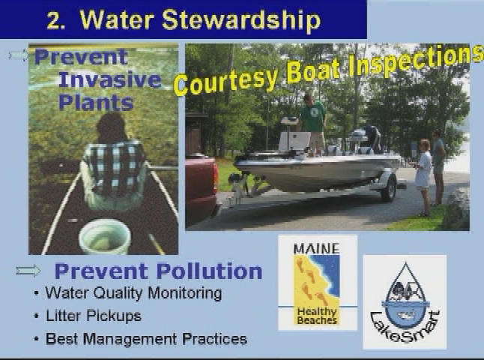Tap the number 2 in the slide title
[54, 20]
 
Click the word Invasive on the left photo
[110, 79]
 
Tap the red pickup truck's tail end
[202, 187]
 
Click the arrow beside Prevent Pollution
[28, 271]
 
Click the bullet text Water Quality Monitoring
[133, 293]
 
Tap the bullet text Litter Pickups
[93, 316]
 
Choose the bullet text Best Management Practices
[146, 339]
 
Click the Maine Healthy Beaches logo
[317, 283]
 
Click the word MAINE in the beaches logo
[316, 248]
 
